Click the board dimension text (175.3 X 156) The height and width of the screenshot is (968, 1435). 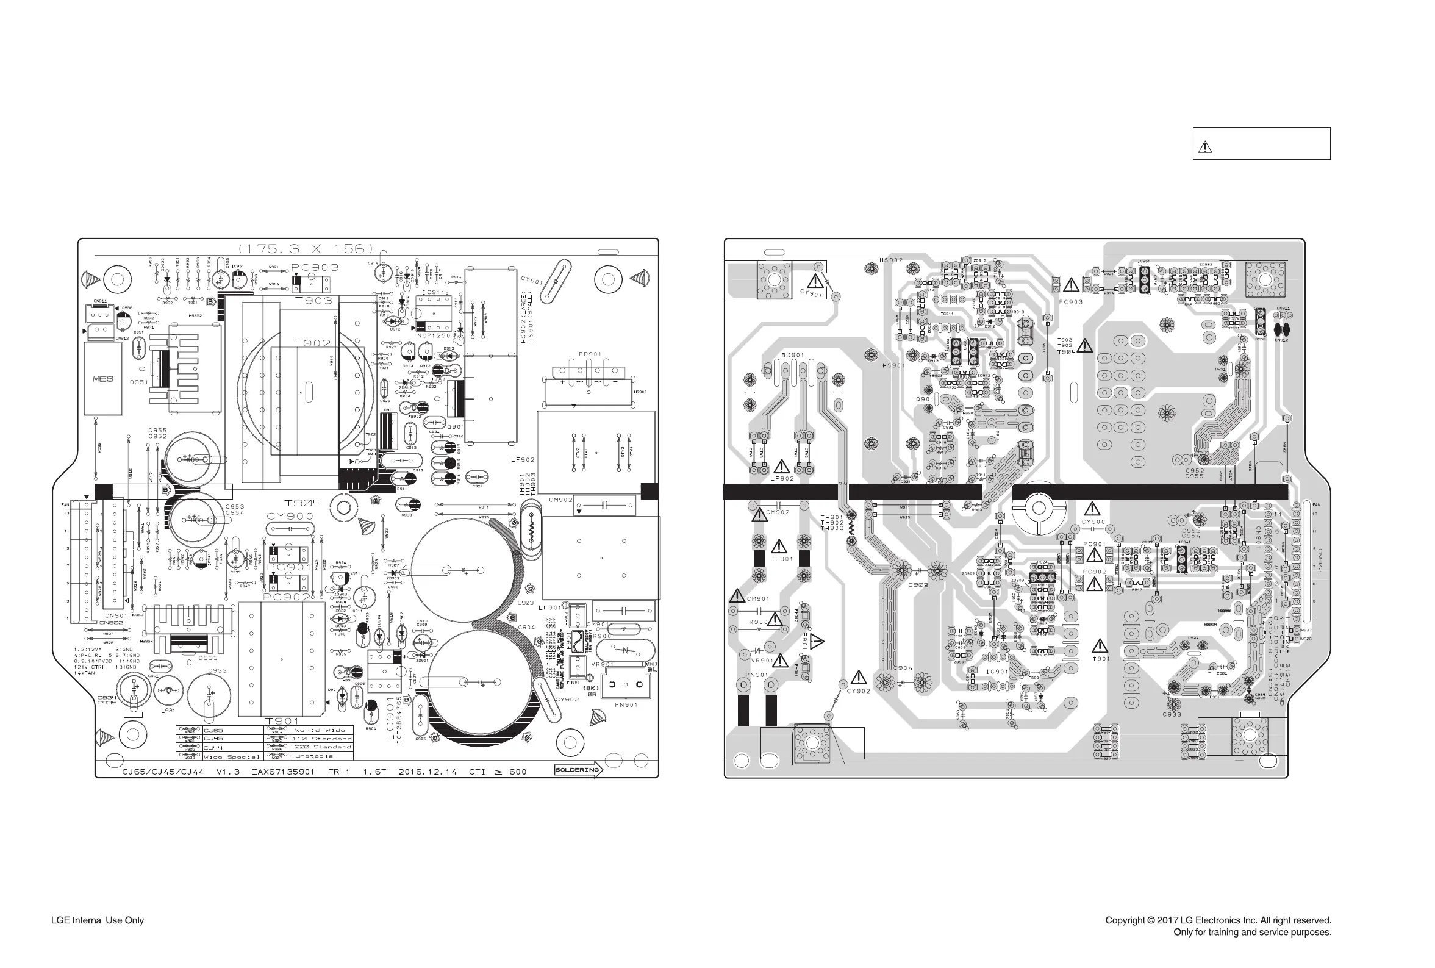306,249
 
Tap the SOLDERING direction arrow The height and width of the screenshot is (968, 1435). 578,770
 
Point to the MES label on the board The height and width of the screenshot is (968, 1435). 102,378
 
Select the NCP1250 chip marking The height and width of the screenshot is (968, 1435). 433,336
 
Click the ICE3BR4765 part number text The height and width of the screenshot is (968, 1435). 399,720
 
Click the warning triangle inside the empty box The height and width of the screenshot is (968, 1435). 1205,147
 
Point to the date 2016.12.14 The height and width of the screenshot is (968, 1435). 428,772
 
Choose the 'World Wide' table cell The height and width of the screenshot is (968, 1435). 320,730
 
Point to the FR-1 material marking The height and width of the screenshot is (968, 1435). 338,772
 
